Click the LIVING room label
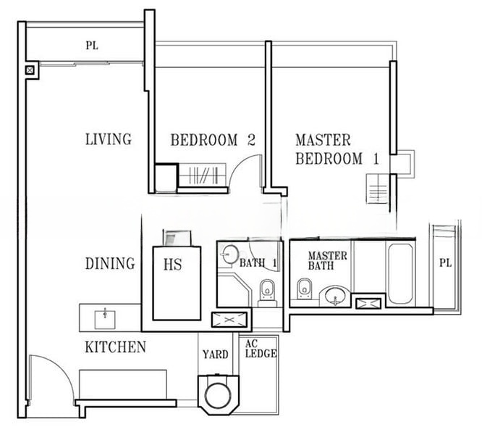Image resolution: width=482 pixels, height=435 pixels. [109, 139]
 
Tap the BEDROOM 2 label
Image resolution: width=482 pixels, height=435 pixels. [213, 140]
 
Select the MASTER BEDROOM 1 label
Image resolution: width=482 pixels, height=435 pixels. [337, 149]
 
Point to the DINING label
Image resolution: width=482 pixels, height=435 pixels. [110, 264]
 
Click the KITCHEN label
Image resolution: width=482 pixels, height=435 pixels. [115, 347]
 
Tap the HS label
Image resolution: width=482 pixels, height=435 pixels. [172, 265]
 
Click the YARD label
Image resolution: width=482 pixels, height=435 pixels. [215, 355]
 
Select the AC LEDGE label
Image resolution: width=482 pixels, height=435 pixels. [261, 349]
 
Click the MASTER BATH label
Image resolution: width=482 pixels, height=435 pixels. [327, 260]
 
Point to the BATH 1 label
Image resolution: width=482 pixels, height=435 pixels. [258, 263]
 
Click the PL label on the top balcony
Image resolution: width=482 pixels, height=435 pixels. [92, 46]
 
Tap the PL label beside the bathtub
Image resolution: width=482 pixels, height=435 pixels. [445, 263]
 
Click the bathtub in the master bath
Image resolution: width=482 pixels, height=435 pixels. [400, 274]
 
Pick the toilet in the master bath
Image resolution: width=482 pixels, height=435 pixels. [304, 289]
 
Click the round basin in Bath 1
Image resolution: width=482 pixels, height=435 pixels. [231, 254]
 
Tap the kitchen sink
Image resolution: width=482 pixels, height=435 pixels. [105, 320]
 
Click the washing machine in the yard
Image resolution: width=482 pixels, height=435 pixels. [219, 394]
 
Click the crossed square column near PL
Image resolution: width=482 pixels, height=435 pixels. [30, 70]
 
